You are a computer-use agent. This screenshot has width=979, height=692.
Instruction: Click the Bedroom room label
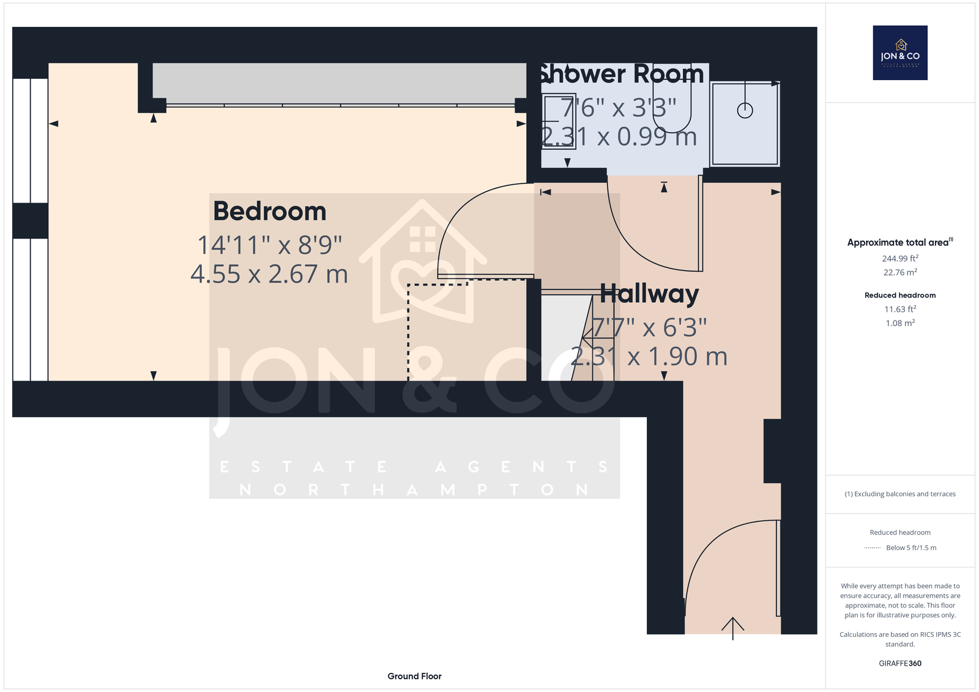coord(269,212)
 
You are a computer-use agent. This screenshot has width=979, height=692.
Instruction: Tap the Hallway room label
coord(649,294)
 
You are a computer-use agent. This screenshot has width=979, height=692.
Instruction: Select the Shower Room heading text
coord(621,74)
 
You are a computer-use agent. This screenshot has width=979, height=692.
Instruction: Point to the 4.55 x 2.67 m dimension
coord(269,274)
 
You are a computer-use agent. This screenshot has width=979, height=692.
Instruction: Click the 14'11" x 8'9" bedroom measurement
coord(269,245)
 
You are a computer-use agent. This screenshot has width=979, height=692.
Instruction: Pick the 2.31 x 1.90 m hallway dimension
coord(649,357)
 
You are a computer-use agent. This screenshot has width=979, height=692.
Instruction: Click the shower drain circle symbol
coord(745,111)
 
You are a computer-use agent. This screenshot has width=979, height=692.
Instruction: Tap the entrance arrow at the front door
coord(732,627)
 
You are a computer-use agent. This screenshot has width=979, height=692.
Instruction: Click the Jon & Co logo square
coord(899,53)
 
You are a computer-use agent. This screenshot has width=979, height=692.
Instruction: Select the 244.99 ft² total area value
coord(899,259)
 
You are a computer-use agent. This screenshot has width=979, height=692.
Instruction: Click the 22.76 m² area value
coord(899,273)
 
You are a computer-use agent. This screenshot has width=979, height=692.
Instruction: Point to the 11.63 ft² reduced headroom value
coord(899,310)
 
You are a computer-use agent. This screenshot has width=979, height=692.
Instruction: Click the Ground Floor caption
coord(414,676)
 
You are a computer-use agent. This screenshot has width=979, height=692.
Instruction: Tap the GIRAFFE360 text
coord(899,663)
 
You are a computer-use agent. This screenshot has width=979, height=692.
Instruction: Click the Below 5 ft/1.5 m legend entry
coord(910,548)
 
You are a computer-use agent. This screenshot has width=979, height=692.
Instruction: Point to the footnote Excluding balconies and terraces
coord(899,494)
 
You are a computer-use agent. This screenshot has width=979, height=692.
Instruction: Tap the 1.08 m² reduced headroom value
coord(899,324)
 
